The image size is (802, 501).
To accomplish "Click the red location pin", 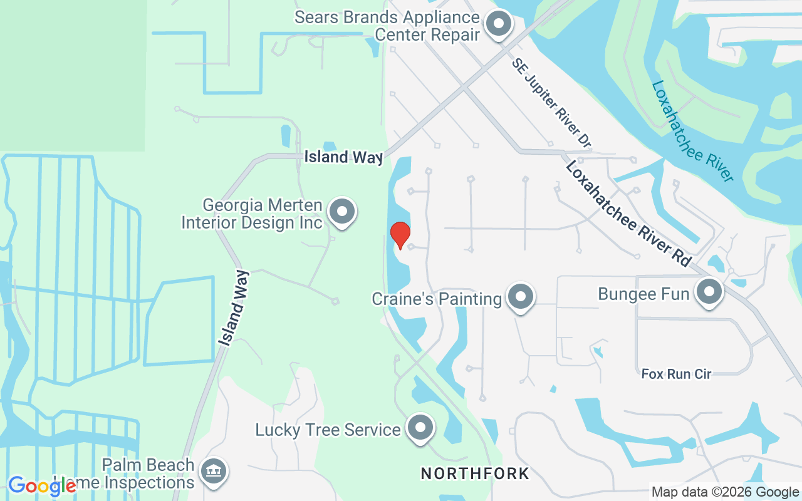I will click(400, 235).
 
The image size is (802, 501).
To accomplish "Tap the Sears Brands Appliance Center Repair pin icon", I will click(499, 24).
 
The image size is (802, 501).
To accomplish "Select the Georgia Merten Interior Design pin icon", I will click(342, 211).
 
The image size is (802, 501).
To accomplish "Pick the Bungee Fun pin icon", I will click(709, 292).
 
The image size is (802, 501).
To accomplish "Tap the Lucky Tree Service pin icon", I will click(420, 428).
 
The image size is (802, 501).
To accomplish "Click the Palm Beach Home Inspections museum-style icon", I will click(213, 472).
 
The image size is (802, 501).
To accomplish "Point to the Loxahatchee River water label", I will click(692, 131).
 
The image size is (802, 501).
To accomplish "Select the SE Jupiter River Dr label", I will click(551, 103).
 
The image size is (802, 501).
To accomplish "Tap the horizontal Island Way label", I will click(343, 157).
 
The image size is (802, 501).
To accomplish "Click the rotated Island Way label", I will click(234, 307).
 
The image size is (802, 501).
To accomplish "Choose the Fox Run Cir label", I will click(676, 374).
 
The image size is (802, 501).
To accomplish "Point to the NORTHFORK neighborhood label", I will click(475, 473).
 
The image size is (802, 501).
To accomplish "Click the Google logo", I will click(41, 485).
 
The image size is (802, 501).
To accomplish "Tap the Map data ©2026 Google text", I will click(726, 492).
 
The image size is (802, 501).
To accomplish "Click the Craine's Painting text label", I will click(437, 299).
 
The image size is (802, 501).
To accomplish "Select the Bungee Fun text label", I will click(643, 294).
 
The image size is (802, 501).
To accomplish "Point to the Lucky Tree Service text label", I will click(328, 430).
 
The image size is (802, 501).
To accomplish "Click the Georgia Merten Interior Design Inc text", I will click(252, 214).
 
